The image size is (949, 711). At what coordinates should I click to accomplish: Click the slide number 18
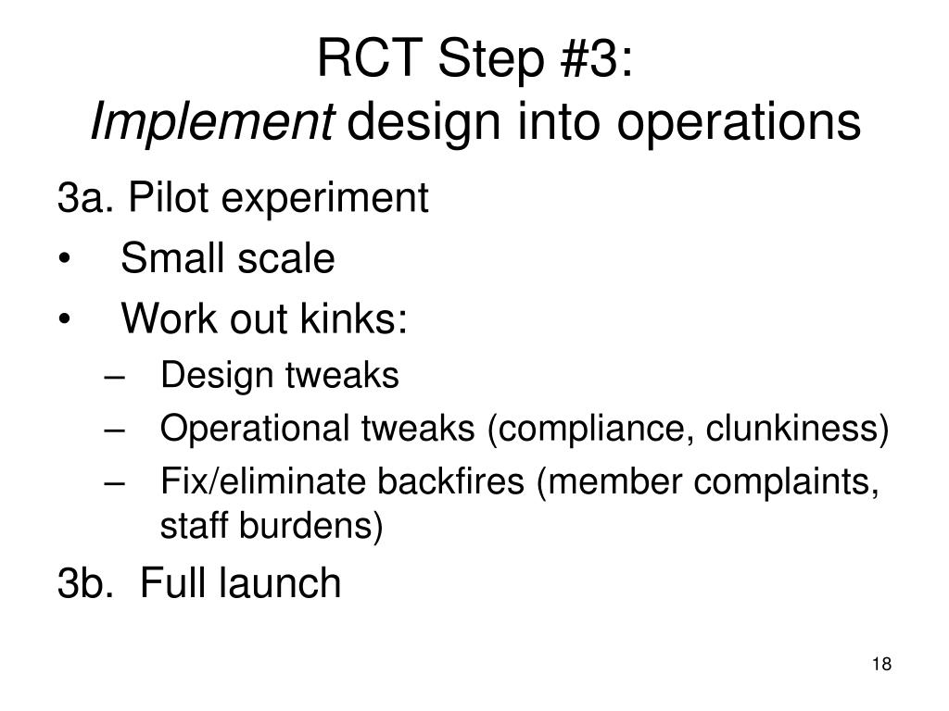881,665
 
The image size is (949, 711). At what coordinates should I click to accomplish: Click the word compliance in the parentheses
581,430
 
